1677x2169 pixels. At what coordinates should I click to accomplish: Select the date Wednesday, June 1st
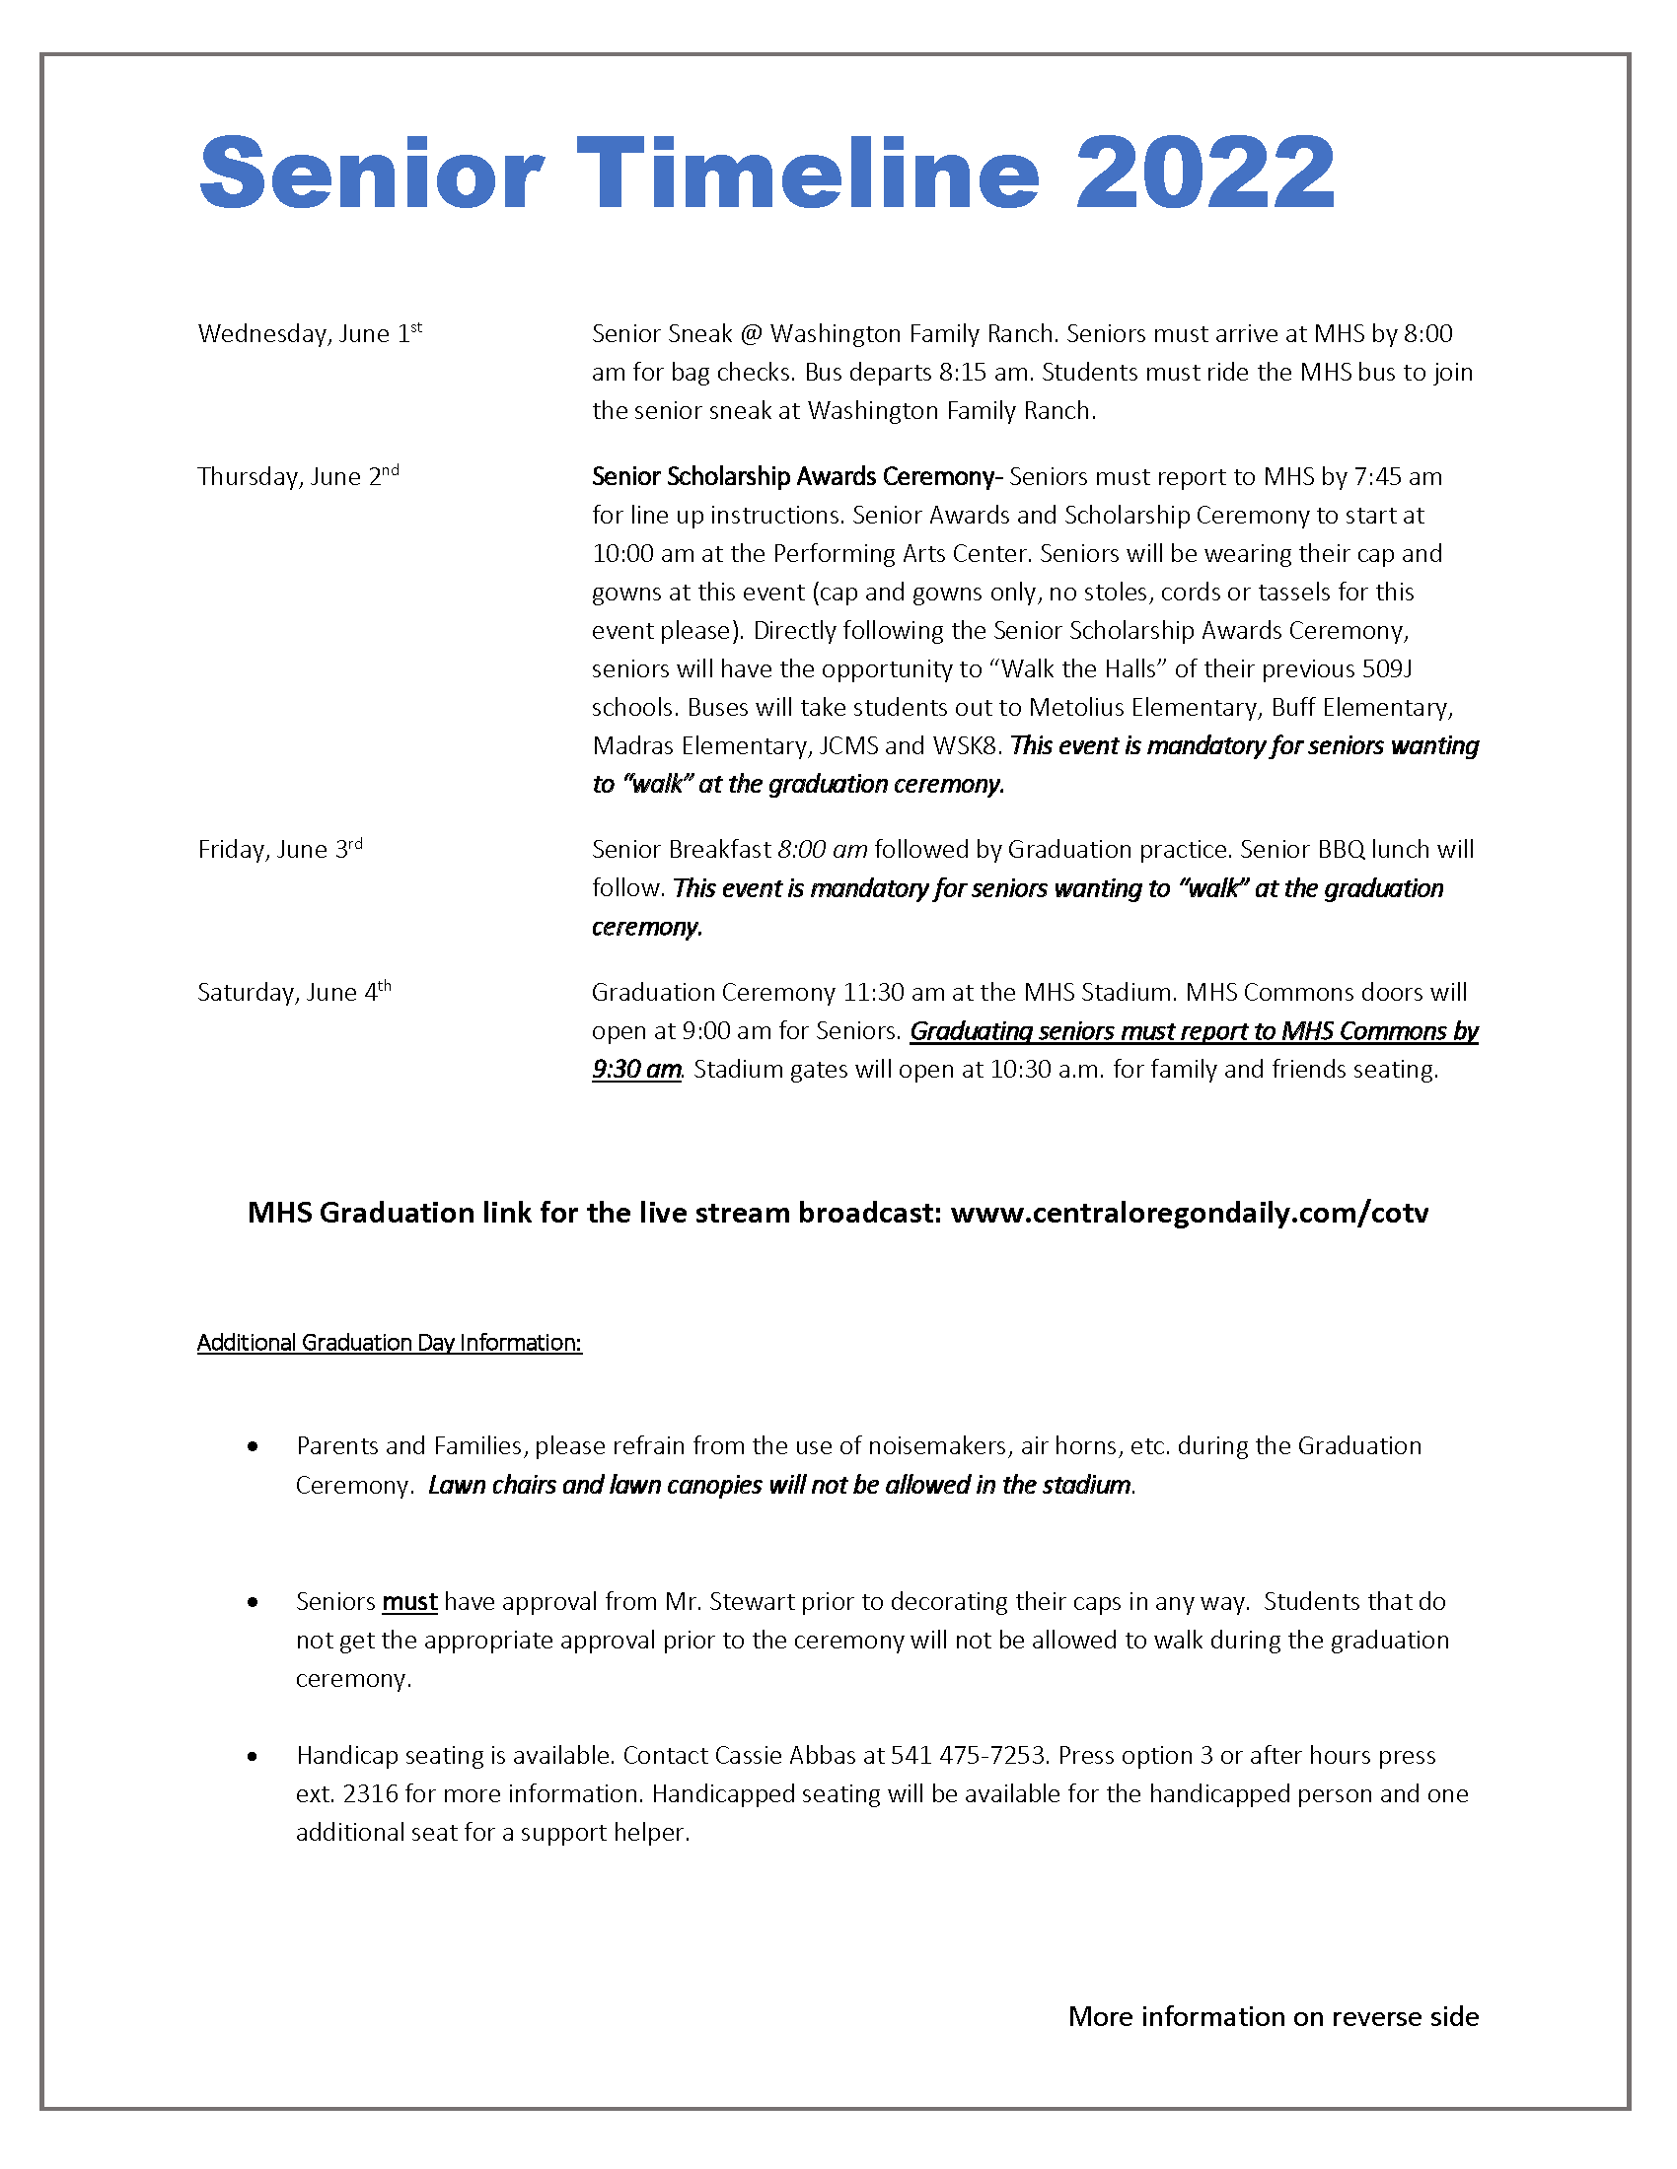[309, 333]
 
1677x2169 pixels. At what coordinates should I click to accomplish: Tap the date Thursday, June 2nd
[298, 477]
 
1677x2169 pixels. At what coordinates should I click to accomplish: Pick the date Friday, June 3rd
[280, 849]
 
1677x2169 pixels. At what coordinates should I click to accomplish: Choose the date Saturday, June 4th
[294, 992]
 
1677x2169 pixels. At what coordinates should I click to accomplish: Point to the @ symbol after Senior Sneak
[751, 333]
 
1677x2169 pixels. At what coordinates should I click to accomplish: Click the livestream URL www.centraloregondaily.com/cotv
[1190, 1213]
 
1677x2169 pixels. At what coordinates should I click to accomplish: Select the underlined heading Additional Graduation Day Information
[389, 1343]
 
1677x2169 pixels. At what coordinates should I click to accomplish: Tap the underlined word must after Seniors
[409, 1602]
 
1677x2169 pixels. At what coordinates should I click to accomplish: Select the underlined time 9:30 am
[636, 1070]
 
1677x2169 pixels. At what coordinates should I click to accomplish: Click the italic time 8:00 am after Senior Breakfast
[823, 849]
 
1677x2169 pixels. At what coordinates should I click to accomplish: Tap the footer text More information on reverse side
[1273, 2017]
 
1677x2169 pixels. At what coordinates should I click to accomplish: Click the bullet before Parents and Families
[254, 1447]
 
